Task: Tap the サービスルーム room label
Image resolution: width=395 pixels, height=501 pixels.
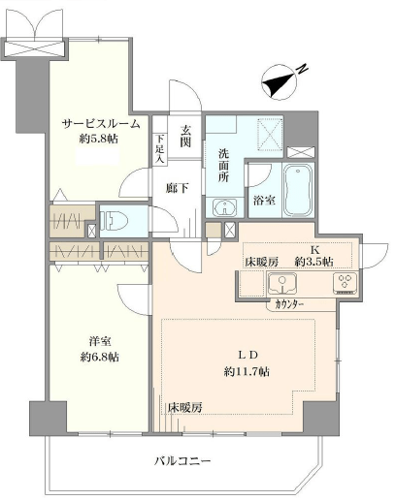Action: (101, 124)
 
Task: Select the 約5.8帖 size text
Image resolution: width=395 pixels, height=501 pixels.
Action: (101, 140)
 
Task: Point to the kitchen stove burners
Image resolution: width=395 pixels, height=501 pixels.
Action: (344, 283)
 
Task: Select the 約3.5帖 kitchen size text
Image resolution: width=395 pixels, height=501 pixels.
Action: (313, 263)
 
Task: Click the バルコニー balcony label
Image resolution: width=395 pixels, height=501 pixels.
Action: (181, 461)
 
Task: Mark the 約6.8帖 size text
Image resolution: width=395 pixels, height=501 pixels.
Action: (99, 358)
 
